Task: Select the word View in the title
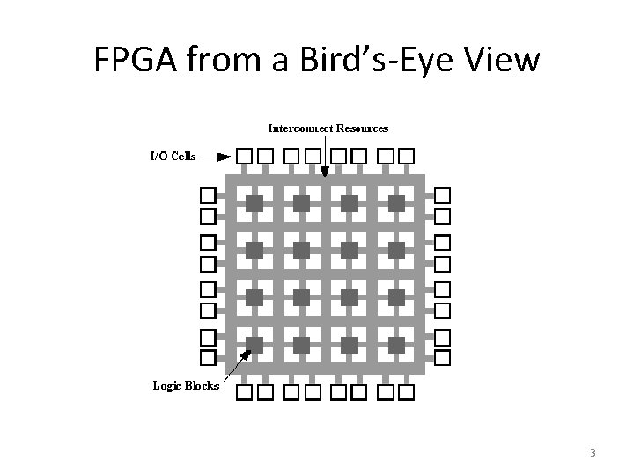pyautogui.click(x=499, y=61)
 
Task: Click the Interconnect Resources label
pyautogui.click(x=328, y=128)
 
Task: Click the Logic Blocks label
pyautogui.click(x=186, y=385)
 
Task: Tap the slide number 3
pyautogui.click(x=593, y=453)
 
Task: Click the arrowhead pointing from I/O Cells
pyautogui.click(x=225, y=157)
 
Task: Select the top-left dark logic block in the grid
pyautogui.click(x=254, y=203)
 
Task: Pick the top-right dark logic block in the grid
pyautogui.click(x=396, y=203)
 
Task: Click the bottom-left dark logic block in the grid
pyautogui.click(x=254, y=344)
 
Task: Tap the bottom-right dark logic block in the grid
pyautogui.click(x=396, y=344)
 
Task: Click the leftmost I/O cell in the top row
pyautogui.click(x=244, y=157)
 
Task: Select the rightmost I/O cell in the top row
pyautogui.click(x=406, y=157)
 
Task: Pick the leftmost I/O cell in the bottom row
pyautogui.click(x=244, y=391)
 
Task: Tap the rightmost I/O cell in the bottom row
pyautogui.click(x=406, y=391)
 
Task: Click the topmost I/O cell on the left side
pyautogui.click(x=207, y=194)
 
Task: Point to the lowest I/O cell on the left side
pyautogui.click(x=207, y=357)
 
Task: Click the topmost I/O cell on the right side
pyautogui.click(x=443, y=194)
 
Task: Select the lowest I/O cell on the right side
pyautogui.click(x=443, y=357)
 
